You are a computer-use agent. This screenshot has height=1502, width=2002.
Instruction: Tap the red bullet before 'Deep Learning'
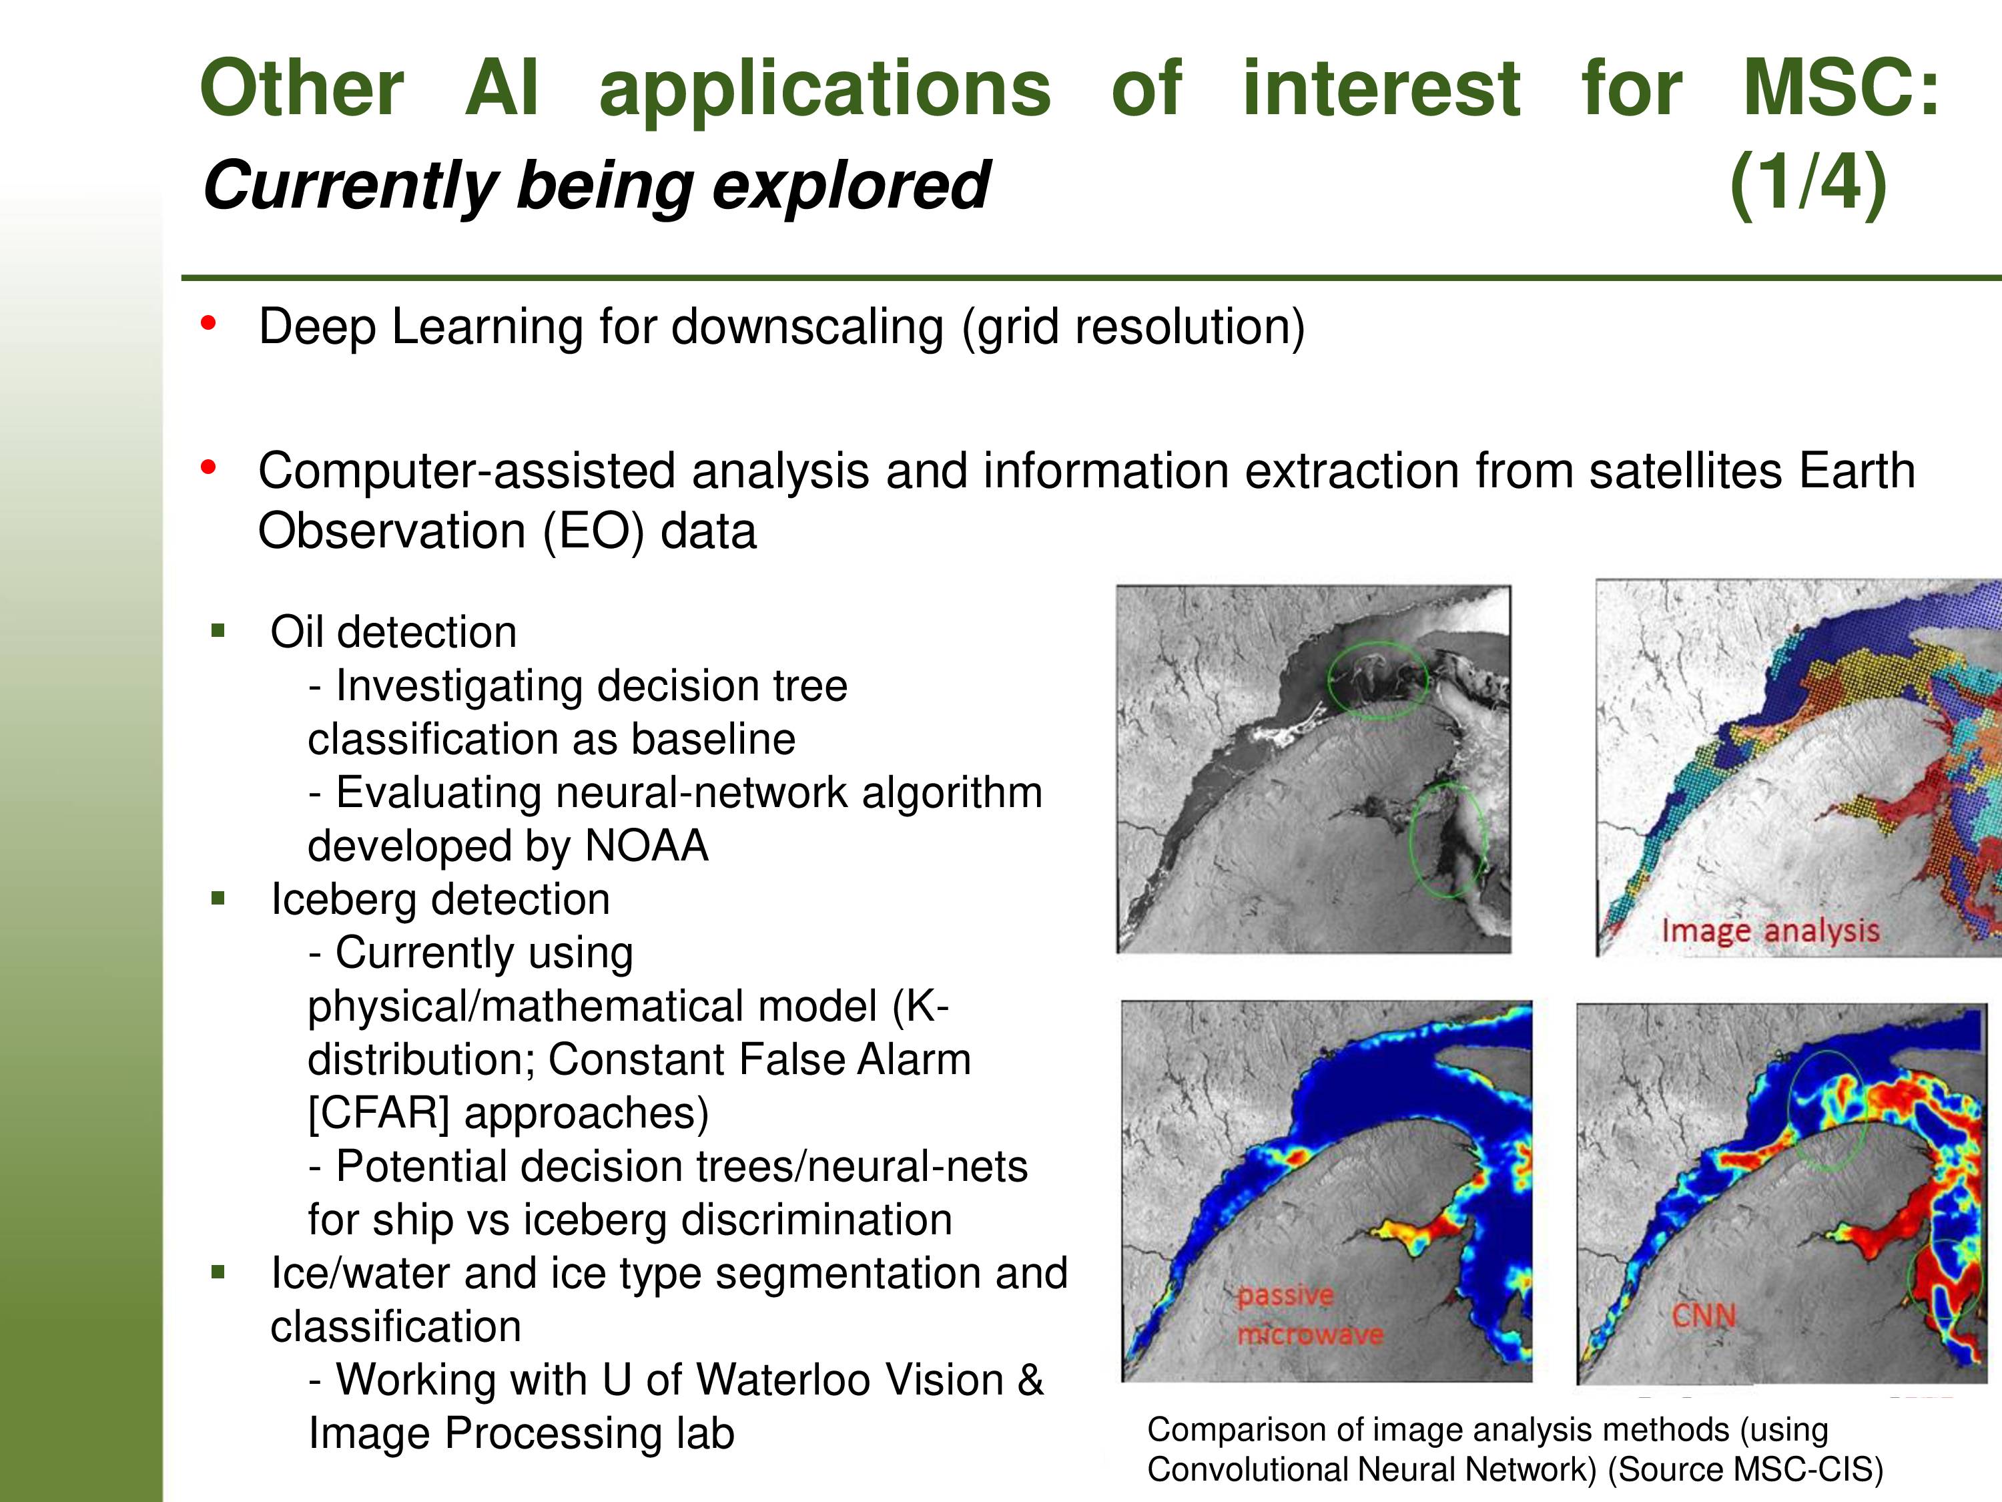209,323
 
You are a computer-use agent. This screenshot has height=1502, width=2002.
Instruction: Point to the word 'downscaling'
807,327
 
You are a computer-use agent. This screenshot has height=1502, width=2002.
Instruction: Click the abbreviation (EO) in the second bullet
593,531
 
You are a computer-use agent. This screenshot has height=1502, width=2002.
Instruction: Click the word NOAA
646,846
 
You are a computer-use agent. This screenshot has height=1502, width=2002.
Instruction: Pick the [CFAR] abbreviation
378,1113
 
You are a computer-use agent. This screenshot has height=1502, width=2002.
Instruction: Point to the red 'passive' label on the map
1285,1296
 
